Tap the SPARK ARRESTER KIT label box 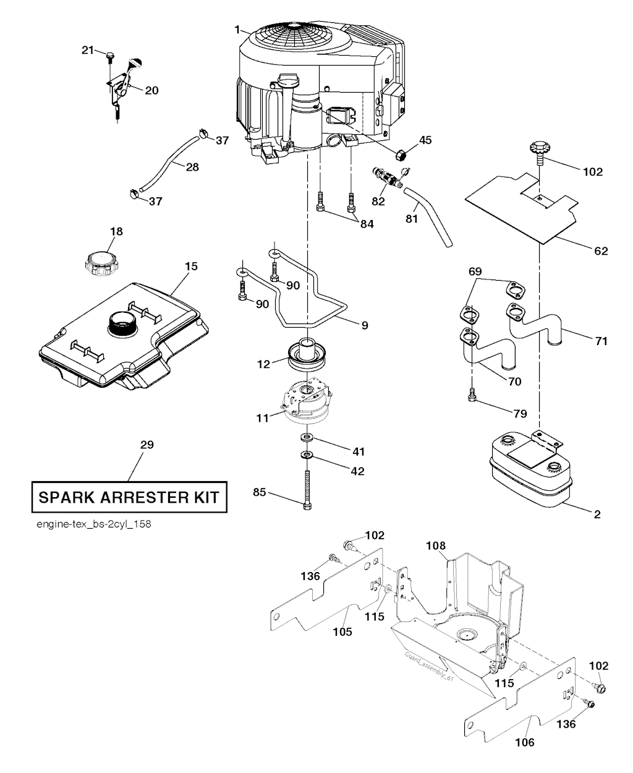(x=129, y=497)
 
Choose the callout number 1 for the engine (x=237, y=29)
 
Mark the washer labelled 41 (x=307, y=438)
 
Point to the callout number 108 (x=435, y=545)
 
